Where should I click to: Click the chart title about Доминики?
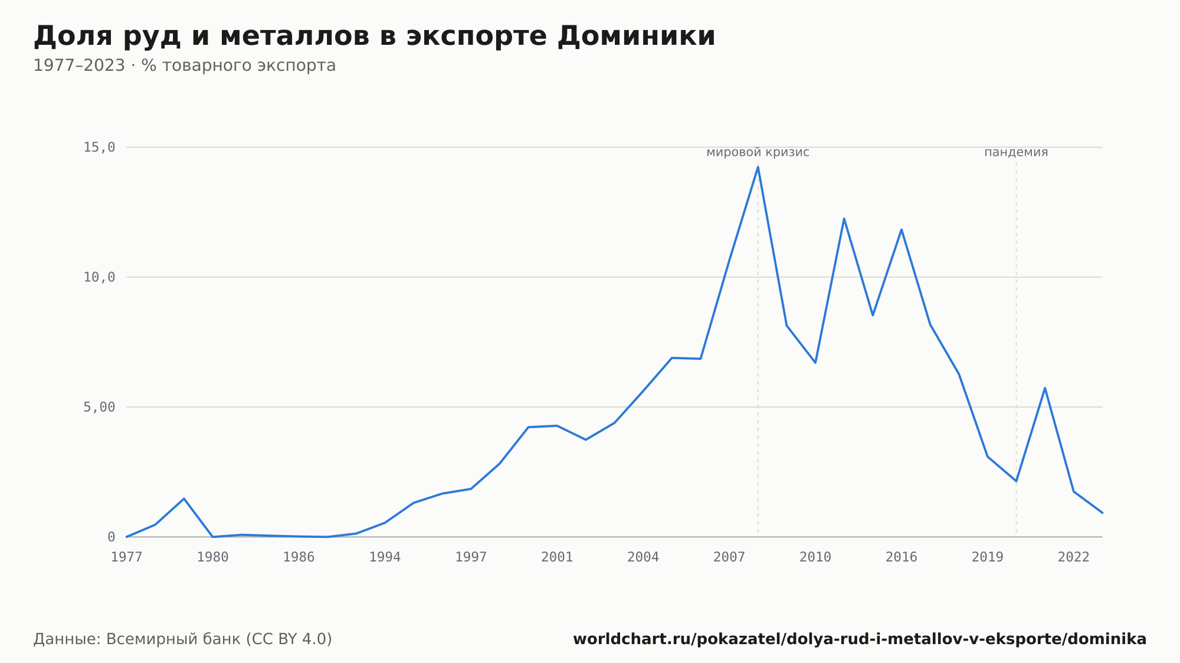(x=374, y=37)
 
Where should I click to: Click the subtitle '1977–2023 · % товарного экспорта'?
(x=185, y=65)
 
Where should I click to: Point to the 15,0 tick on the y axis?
(x=99, y=147)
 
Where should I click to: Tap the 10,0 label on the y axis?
(x=99, y=277)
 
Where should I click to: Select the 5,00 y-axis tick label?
(x=99, y=407)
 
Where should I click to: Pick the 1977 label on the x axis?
(x=127, y=557)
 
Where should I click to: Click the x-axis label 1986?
(x=299, y=557)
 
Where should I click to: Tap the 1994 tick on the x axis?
(x=385, y=557)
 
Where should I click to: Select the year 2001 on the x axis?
(x=557, y=557)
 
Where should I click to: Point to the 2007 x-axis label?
(x=729, y=557)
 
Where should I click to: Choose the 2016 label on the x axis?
(x=902, y=557)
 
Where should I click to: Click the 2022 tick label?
(x=1074, y=557)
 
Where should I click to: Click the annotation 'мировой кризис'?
(x=758, y=152)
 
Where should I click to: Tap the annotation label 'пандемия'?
(x=1016, y=152)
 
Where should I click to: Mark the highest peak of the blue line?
(x=758, y=167)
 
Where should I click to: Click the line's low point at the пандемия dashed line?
(x=1016, y=481)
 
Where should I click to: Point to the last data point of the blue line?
(x=1102, y=513)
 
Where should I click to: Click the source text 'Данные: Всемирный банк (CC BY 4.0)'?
(x=183, y=639)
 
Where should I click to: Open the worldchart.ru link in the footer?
(x=860, y=639)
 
